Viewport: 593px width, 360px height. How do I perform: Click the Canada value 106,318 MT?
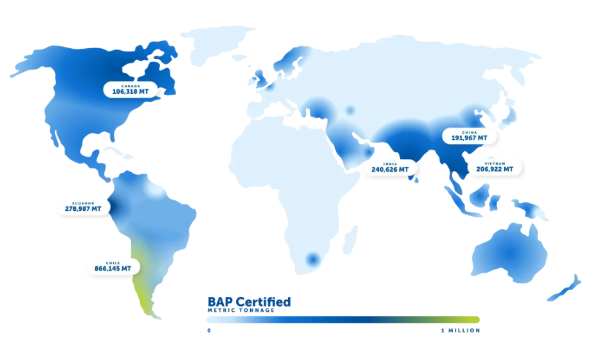click(x=131, y=92)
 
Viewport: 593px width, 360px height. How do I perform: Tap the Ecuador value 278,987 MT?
click(x=83, y=208)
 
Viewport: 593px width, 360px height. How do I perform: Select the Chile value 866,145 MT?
click(x=113, y=268)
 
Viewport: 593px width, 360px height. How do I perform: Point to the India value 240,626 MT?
click(x=390, y=170)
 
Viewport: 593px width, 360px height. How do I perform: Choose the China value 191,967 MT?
click(x=469, y=138)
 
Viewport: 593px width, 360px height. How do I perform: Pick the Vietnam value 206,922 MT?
click(x=495, y=169)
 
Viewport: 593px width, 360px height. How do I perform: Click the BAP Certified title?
click(x=249, y=301)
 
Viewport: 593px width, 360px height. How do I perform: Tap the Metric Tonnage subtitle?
click(x=241, y=310)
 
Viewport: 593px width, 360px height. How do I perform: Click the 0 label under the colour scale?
click(x=209, y=330)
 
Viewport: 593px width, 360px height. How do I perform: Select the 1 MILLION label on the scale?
click(x=460, y=330)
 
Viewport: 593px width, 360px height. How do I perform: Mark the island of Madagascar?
click(x=351, y=243)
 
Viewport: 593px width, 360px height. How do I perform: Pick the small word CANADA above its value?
click(x=131, y=85)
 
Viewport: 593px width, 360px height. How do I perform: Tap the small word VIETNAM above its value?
click(x=495, y=163)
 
